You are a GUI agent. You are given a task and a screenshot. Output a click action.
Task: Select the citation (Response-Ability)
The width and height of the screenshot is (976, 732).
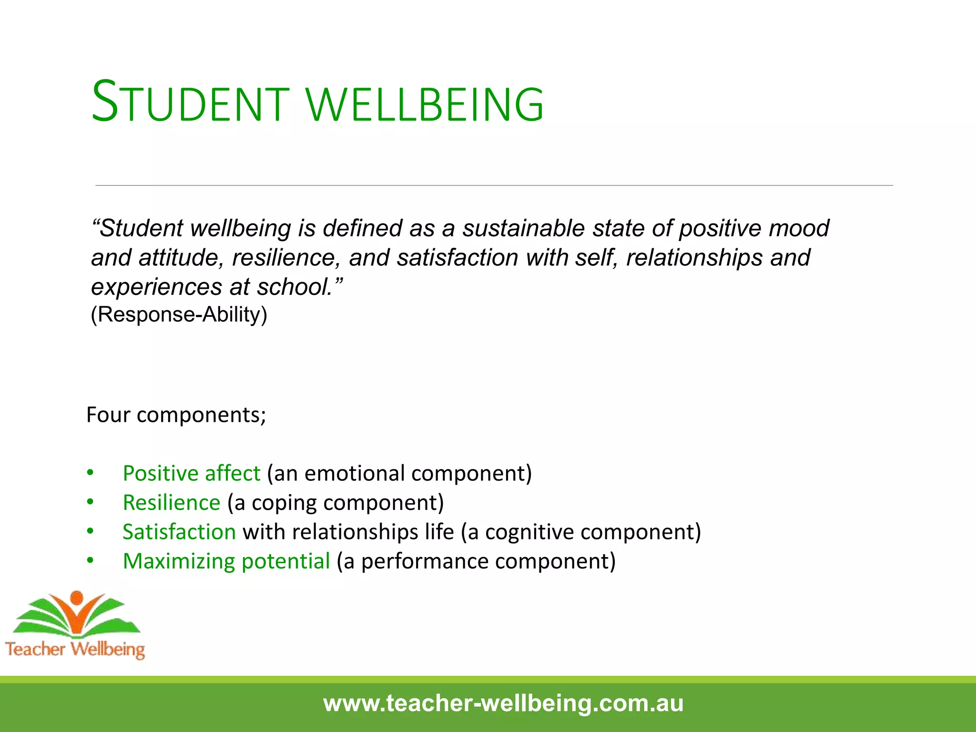(x=179, y=315)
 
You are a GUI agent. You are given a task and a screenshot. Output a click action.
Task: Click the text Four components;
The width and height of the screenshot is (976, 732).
(x=176, y=415)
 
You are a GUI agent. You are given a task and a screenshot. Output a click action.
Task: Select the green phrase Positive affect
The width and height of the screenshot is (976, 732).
(x=192, y=473)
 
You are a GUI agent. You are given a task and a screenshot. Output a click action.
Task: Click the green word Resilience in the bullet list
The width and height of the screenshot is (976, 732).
(x=172, y=503)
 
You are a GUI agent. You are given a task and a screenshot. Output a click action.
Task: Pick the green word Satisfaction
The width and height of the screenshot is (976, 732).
(x=179, y=532)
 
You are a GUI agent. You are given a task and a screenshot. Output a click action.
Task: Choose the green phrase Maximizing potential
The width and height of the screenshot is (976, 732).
(x=226, y=561)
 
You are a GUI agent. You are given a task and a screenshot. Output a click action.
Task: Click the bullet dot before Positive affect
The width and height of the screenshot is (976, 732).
(x=90, y=473)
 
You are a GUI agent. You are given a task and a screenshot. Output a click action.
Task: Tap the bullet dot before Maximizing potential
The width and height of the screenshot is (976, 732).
(x=90, y=561)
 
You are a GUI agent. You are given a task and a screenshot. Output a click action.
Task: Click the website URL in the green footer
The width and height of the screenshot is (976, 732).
(x=503, y=703)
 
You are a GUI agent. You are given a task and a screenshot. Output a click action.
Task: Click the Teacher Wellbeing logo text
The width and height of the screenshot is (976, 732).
(x=75, y=649)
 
